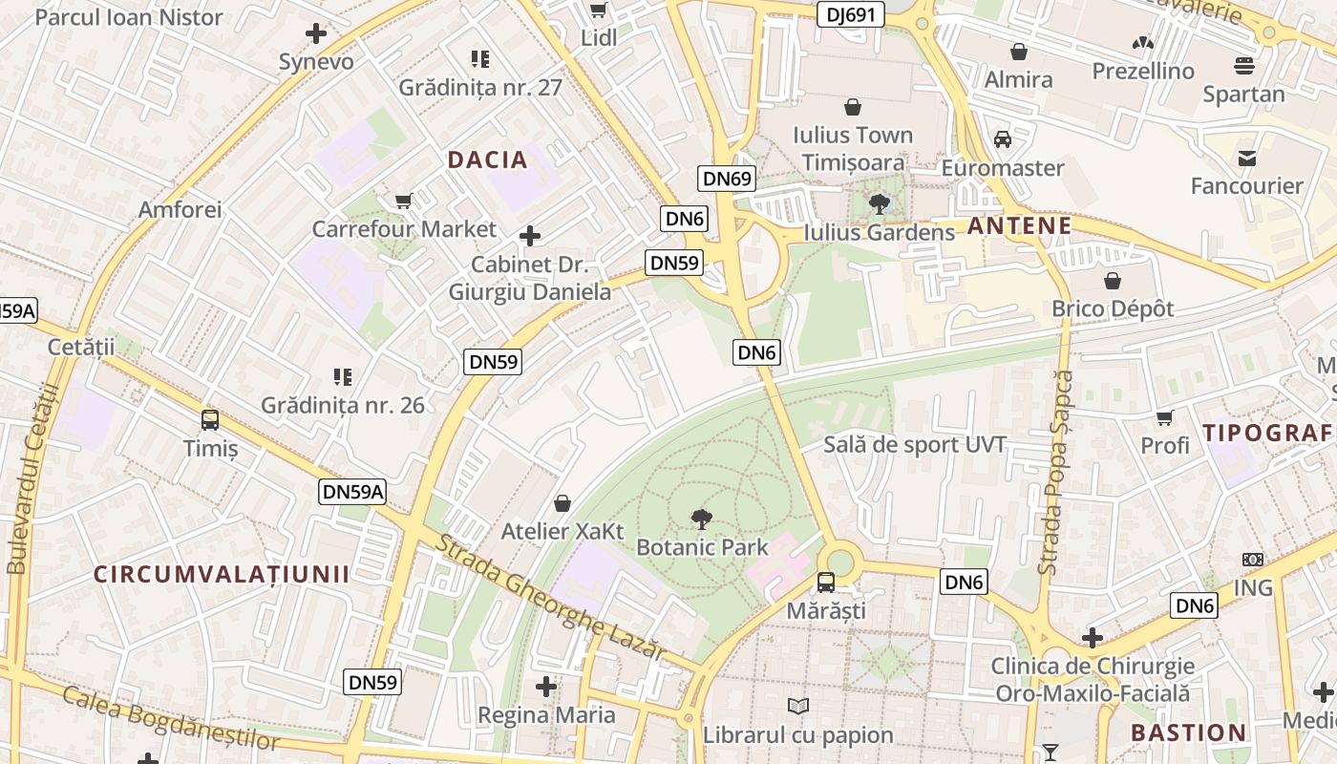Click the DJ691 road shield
coord(851,14)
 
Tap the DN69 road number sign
coord(728,178)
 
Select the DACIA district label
coord(487,160)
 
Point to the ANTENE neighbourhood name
coord(1019,226)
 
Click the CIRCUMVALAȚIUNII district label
coord(222,574)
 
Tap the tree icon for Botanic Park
coord(701,520)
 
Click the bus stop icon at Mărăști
coord(826,582)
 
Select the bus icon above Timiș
coord(210,419)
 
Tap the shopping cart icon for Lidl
coord(599,11)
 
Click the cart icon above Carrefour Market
coord(403,201)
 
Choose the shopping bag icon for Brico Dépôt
coord(1113,281)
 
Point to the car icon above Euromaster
coord(1003,139)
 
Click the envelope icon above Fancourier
coord(1246,158)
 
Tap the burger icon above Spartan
coord(1243,66)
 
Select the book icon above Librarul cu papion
coord(798,706)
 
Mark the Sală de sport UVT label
coord(915,445)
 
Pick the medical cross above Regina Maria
coord(546,686)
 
